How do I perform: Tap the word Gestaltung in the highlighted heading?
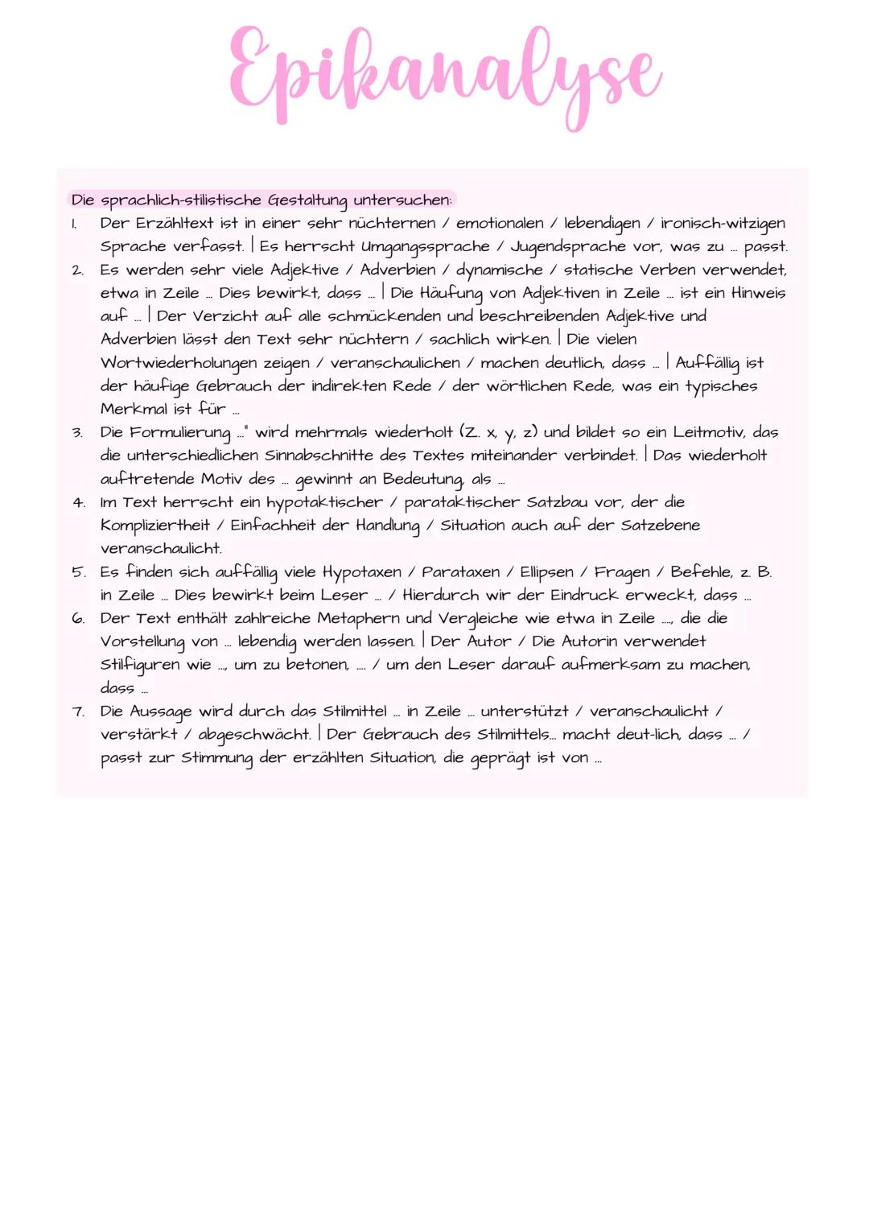(x=307, y=200)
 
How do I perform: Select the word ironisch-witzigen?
(x=723, y=223)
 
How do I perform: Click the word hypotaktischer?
(x=324, y=502)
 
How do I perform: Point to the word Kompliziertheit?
(x=155, y=526)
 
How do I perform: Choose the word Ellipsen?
(x=546, y=572)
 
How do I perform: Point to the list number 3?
(x=77, y=433)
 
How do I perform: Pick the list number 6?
(x=78, y=619)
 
